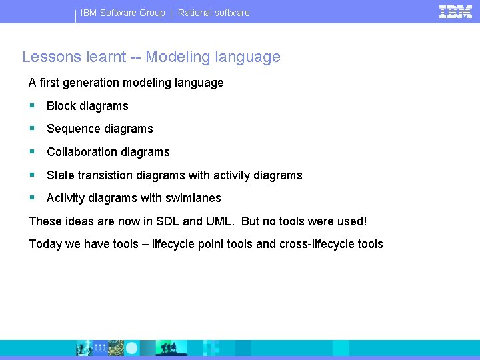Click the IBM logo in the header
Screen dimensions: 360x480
coord(456,11)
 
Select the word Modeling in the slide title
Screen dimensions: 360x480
coord(178,57)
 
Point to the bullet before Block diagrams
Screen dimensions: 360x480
coord(32,105)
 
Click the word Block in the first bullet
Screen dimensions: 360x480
coord(61,106)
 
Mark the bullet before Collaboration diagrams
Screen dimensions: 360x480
coord(32,151)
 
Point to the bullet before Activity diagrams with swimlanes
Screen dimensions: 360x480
coord(32,197)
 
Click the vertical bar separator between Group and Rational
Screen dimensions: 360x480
coord(171,13)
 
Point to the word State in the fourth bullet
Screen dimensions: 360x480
coord(60,175)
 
